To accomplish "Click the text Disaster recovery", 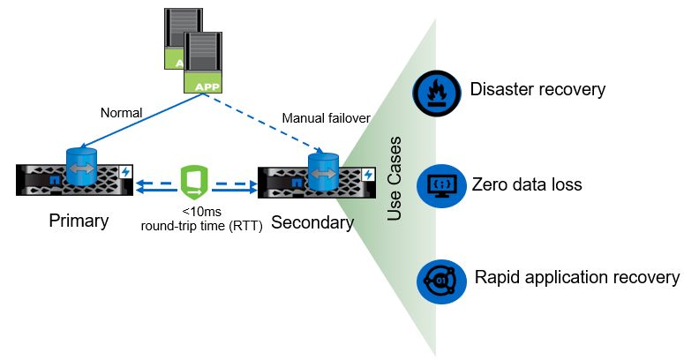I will click(x=537, y=89).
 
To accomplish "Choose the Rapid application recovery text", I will click(x=577, y=277).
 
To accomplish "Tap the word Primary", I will click(x=79, y=221).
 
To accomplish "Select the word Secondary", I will click(x=312, y=222).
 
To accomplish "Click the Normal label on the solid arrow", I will click(x=120, y=112).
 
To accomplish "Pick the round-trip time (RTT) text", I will click(x=201, y=225).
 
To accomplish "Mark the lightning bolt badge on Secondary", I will click(x=368, y=175).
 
